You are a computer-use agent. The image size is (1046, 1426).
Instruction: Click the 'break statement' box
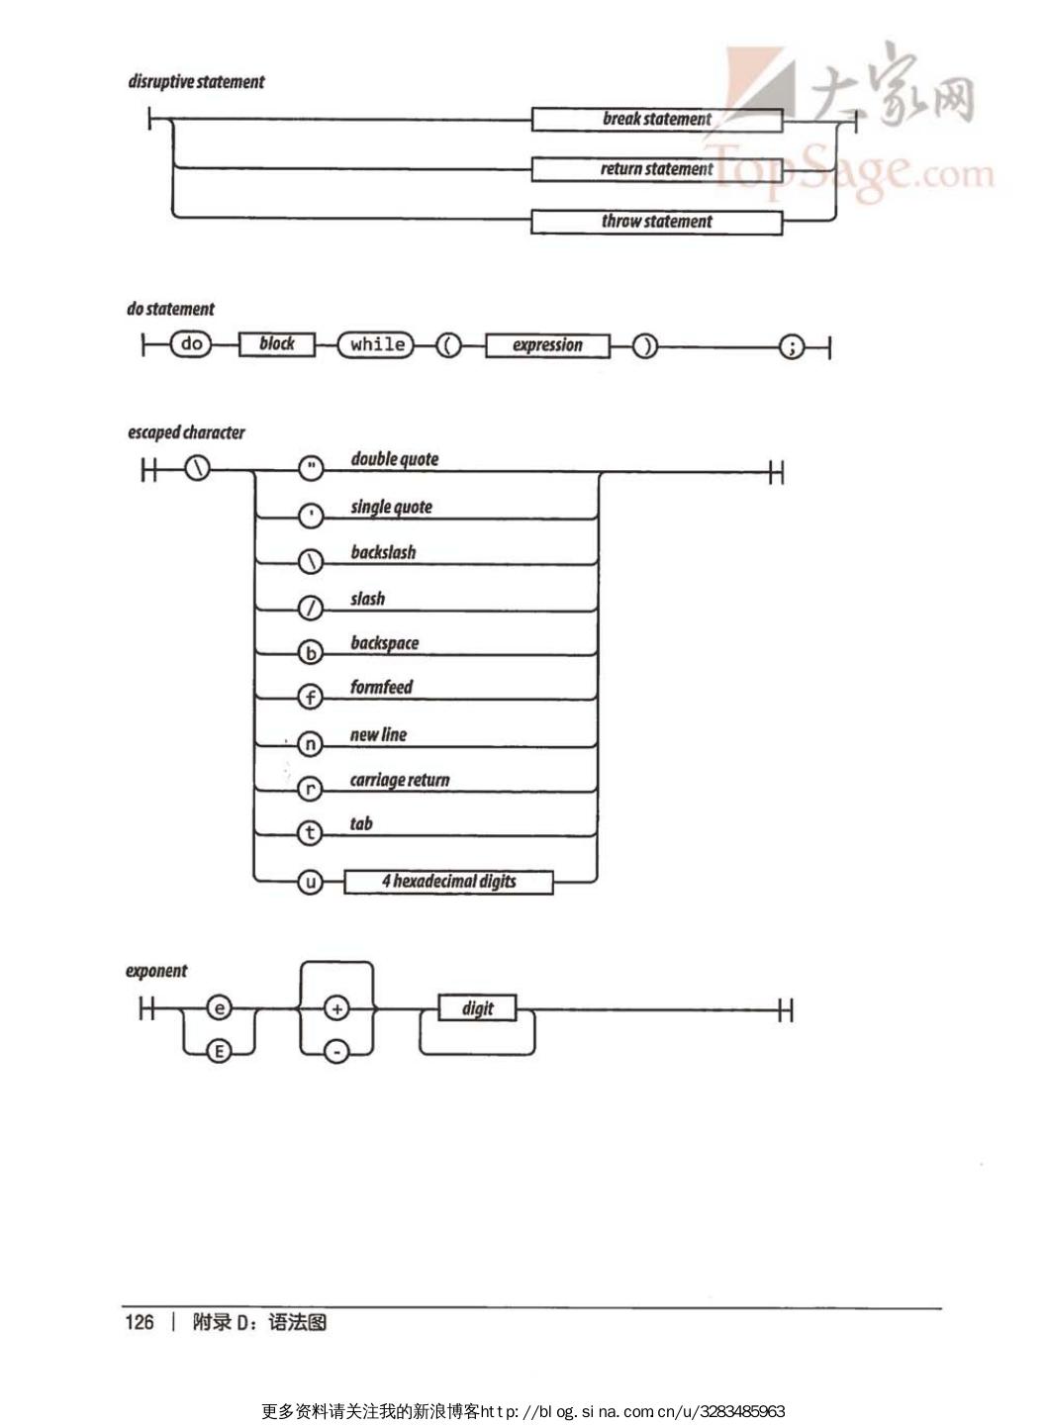click(x=656, y=120)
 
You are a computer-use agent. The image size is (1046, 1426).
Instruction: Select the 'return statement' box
click(x=656, y=169)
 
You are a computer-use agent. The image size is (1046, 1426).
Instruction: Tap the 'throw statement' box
click(x=656, y=222)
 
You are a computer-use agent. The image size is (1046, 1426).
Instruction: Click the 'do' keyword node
click(x=191, y=344)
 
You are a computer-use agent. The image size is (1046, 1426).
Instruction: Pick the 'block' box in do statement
click(x=276, y=344)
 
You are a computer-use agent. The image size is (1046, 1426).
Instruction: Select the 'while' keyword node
click(x=376, y=344)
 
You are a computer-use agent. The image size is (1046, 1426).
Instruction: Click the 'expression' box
click(x=546, y=345)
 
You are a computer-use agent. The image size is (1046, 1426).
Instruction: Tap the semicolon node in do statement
click(x=792, y=346)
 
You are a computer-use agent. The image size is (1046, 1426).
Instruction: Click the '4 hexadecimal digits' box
click(x=448, y=882)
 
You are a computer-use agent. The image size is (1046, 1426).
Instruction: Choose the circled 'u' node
click(x=311, y=881)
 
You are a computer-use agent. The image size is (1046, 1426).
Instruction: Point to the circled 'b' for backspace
click(x=311, y=653)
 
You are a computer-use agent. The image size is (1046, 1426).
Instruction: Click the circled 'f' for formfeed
click(x=311, y=698)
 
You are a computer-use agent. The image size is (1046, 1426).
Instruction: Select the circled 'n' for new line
click(x=311, y=744)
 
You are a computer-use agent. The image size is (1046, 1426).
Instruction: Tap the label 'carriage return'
click(x=399, y=780)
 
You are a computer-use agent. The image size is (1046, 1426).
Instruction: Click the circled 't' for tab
click(x=311, y=833)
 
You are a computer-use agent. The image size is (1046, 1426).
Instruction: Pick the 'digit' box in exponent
click(x=477, y=1008)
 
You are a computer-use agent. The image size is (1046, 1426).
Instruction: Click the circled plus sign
click(x=336, y=1009)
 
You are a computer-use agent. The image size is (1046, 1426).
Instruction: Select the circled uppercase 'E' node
click(x=219, y=1051)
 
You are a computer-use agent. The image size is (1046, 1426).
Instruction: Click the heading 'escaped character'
click(x=186, y=432)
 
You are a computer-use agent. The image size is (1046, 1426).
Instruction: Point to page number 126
click(x=140, y=1322)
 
